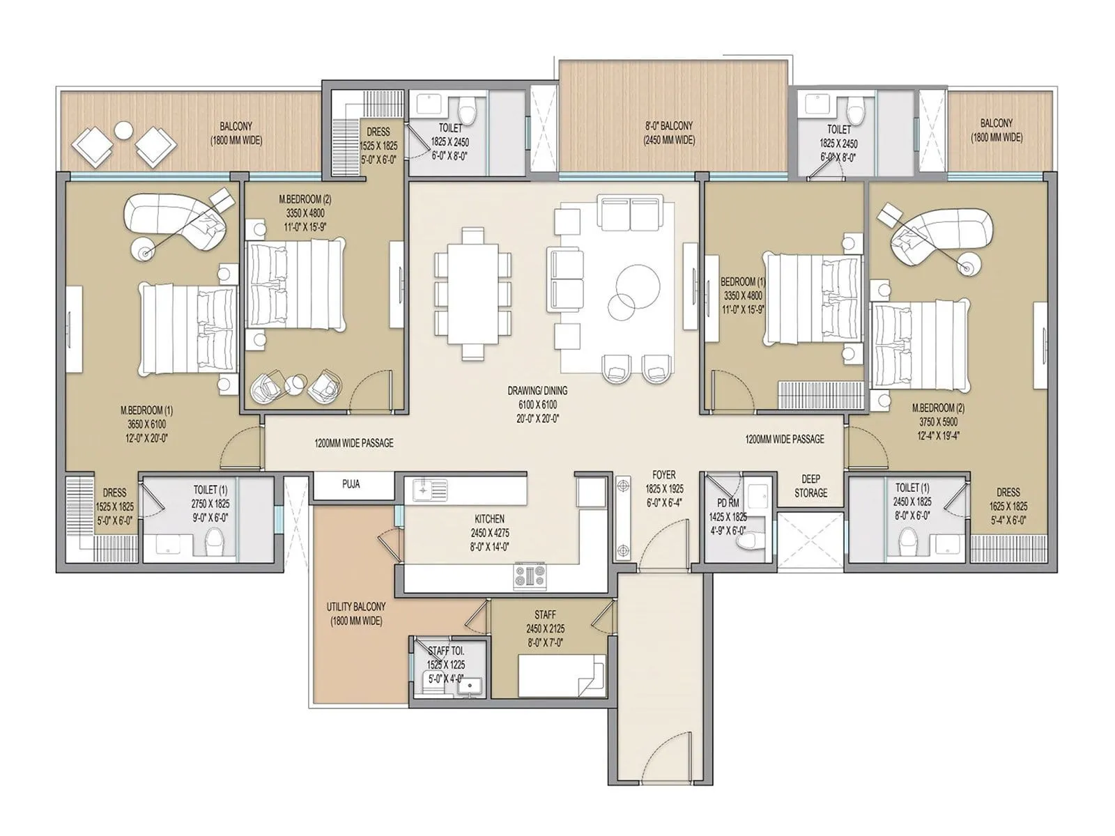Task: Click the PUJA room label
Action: (x=351, y=483)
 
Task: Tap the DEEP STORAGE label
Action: (x=810, y=486)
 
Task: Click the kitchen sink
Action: (x=429, y=490)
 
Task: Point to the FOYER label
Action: (x=663, y=474)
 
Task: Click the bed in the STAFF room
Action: (x=562, y=674)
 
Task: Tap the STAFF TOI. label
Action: (x=446, y=651)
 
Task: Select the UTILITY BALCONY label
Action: (x=355, y=607)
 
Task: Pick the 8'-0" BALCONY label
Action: (x=668, y=126)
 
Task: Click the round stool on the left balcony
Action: (x=123, y=130)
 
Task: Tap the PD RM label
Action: (x=727, y=503)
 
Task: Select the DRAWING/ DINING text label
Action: (x=537, y=391)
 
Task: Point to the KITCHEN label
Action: (x=489, y=519)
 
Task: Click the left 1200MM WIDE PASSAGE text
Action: (x=353, y=443)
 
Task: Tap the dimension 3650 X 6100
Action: (x=146, y=424)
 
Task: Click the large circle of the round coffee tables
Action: (x=635, y=282)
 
